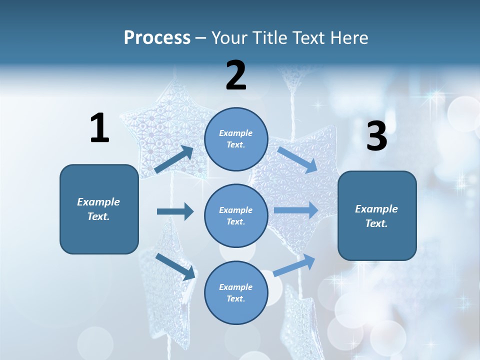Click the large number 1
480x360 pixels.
(x=99, y=128)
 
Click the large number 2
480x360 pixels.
(x=236, y=75)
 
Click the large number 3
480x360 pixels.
(x=376, y=136)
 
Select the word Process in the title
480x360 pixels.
(x=157, y=38)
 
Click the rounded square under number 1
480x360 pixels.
(x=99, y=209)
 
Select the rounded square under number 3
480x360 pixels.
(x=377, y=215)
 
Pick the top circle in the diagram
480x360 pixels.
(x=236, y=139)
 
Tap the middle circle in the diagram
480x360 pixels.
(x=236, y=215)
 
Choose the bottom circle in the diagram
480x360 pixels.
(x=236, y=292)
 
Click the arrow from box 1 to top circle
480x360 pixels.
(x=174, y=159)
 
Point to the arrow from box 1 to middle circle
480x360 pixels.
(x=175, y=211)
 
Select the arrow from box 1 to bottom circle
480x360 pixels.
(x=175, y=266)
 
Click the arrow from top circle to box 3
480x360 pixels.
(x=297, y=159)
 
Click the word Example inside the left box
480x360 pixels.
(x=98, y=202)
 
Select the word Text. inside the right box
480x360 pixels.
(x=376, y=223)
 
